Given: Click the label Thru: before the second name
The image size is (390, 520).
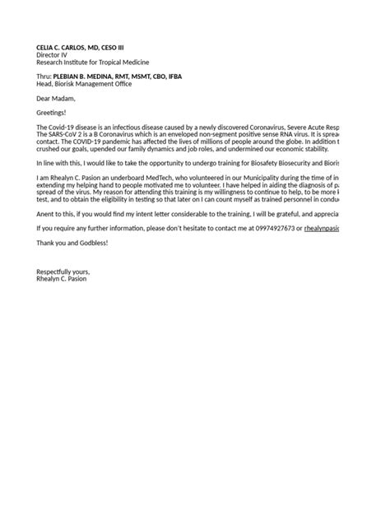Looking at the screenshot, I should point(44,77).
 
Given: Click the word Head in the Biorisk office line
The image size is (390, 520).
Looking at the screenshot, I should point(44,84).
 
